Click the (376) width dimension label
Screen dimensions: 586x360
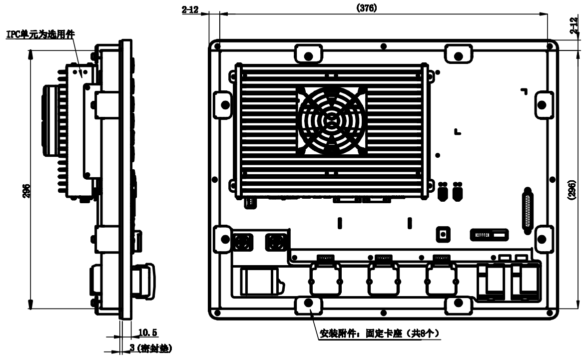pos(367,8)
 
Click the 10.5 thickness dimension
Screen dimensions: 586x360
pos(147,332)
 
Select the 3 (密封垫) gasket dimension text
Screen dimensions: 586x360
pos(150,348)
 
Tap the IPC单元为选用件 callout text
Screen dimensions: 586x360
pos(40,34)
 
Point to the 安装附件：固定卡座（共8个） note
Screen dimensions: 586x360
pos(379,333)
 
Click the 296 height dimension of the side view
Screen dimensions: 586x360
pos(26,191)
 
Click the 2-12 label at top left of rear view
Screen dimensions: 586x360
pos(190,9)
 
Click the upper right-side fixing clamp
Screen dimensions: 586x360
pos(543,105)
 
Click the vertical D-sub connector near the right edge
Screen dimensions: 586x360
pos(528,211)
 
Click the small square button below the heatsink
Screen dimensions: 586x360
pos(443,235)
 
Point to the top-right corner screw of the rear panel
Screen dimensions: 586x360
pos(550,46)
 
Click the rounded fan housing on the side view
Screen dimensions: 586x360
pos(50,120)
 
